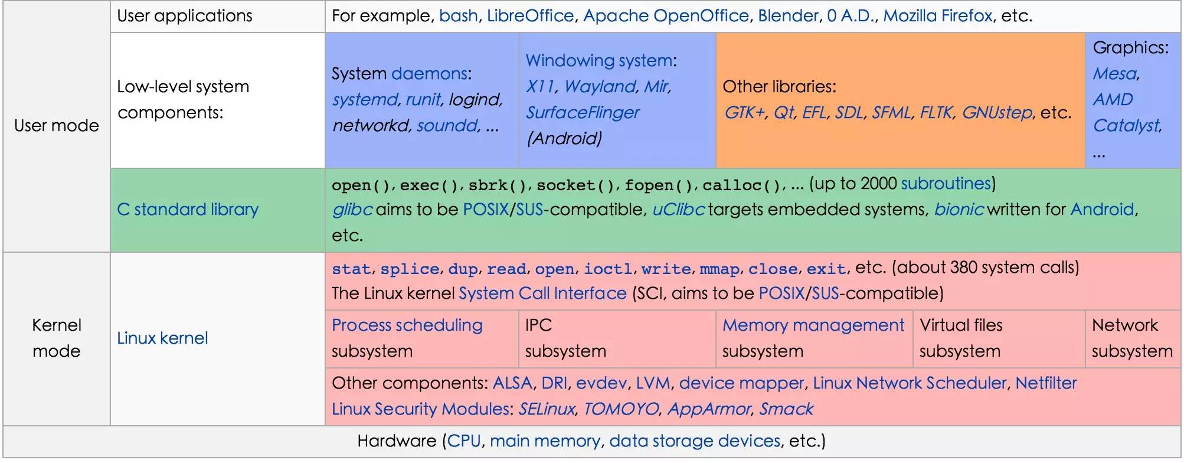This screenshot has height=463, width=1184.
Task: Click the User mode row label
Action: [x=57, y=125]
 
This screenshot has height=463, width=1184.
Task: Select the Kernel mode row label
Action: [x=57, y=338]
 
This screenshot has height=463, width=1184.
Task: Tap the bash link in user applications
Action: [x=459, y=15]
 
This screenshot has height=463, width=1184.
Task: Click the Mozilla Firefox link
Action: [x=938, y=15]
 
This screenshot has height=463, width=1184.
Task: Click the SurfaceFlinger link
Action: [x=583, y=112]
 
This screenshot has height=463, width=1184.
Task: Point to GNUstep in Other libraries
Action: [x=997, y=112]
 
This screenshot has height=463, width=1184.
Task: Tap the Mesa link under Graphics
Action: [x=1115, y=73]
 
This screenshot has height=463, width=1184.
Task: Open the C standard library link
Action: [x=188, y=209]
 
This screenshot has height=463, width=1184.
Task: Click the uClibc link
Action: [x=678, y=209]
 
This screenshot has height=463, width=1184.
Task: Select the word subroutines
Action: [x=946, y=183]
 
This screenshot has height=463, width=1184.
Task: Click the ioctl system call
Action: [x=608, y=269]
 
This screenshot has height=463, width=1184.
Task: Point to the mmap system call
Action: [x=719, y=269]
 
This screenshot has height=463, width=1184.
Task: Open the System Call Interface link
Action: [x=542, y=293]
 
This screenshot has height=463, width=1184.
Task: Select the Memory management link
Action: [x=813, y=325]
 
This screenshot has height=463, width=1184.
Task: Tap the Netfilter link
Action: [x=1046, y=383]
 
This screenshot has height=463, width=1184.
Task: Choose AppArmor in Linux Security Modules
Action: [x=709, y=409]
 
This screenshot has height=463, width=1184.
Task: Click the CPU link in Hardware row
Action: [x=464, y=441]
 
